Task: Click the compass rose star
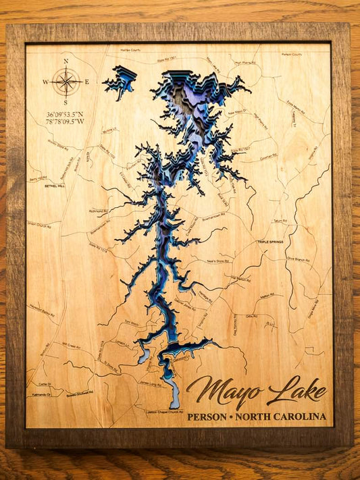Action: [x=66, y=82]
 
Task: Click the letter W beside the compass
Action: [x=46, y=82]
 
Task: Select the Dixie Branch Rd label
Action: [x=298, y=259]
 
